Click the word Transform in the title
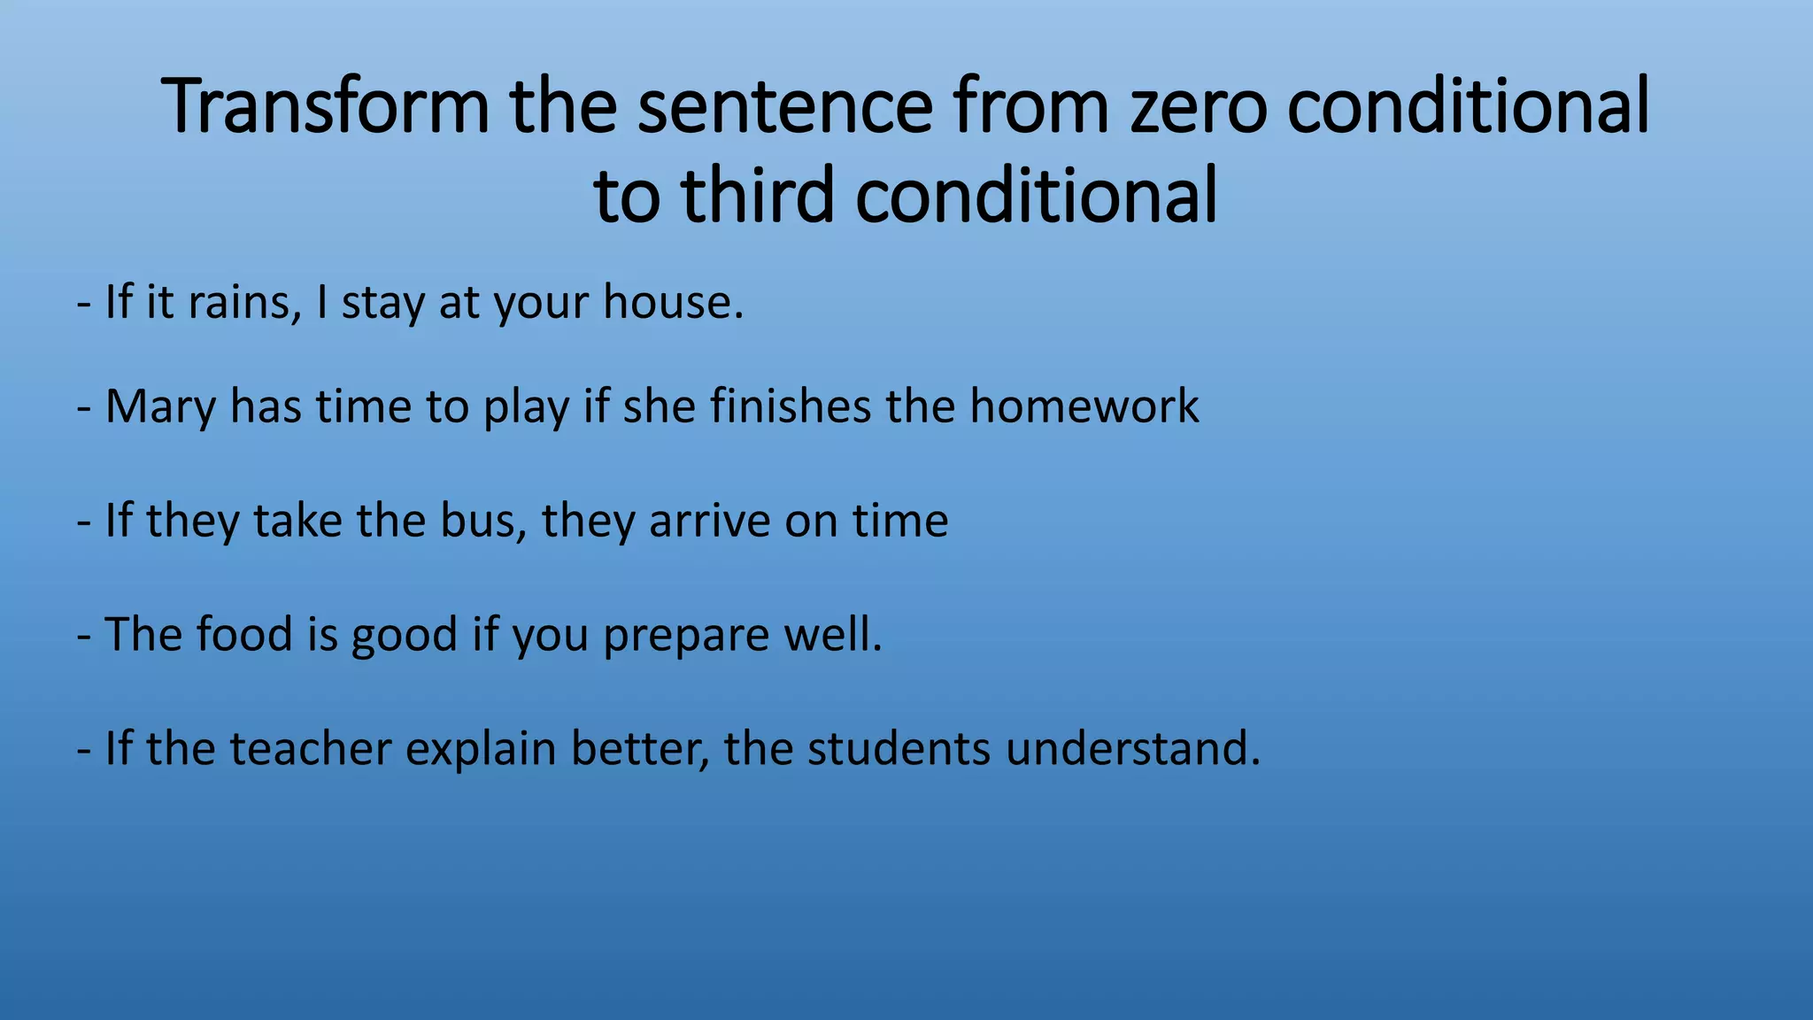click(327, 106)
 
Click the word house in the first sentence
click(673, 302)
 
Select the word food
click(244, 635)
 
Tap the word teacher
click(311, 749)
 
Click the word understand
click(1132, 749)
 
